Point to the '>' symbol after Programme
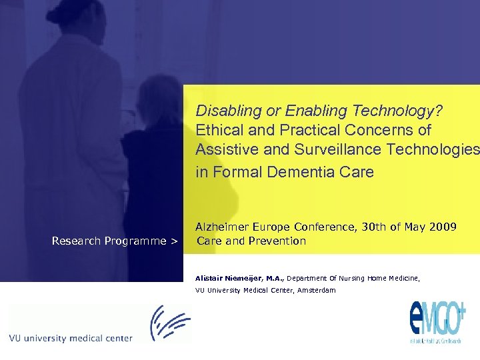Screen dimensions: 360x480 pyautogui.click(x=174, y=241)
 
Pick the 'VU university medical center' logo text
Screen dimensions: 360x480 pyautogui.click(x=71, y=338)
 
